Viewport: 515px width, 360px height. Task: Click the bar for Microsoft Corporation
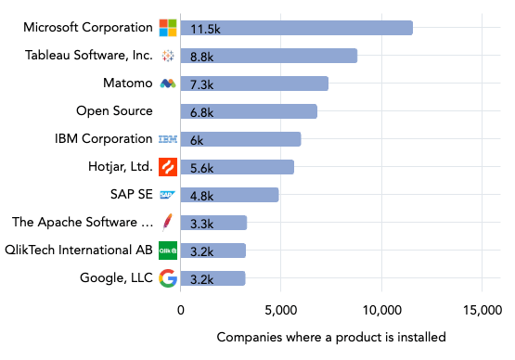click(296, 28)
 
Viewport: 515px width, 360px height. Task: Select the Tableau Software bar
click(269, 56)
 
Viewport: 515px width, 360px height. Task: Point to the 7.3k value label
click(201, 84)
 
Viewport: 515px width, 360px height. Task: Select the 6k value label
click(197, 139)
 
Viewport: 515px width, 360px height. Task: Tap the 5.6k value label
click(201, 167)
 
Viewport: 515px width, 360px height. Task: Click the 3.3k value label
click(201, 223)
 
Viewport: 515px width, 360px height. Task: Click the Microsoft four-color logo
click(168, 28)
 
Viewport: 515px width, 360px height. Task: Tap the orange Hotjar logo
click(168, 167)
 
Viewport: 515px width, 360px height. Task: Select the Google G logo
click(168, 278)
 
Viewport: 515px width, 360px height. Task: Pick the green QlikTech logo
click(168, 251)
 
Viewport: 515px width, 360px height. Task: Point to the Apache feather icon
click(168, 223)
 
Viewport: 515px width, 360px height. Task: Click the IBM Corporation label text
click(103, 139)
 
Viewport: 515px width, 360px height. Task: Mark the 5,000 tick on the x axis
click(280, 310)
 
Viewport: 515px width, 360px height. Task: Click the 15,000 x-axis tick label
click(481, 310)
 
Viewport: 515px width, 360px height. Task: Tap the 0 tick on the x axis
click(181, 310)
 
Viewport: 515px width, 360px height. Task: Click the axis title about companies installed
click(330, 337)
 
